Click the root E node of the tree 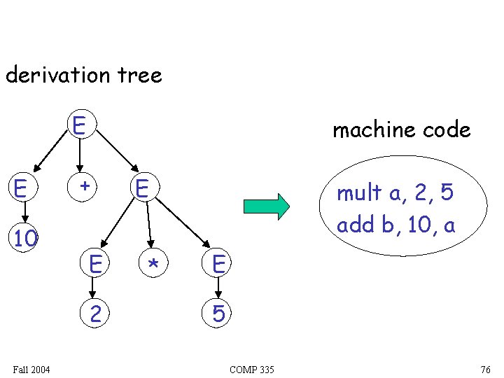(79, 127)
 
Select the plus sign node (85, 187)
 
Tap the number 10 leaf (25, 239)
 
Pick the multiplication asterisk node (153, 264)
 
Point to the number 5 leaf (218, 314)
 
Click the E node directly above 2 (96, 264)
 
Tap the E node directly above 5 (218, 264)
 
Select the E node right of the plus (143, 188)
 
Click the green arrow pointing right (267, 206)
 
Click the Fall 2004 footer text (31, 369)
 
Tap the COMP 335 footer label (251, 370)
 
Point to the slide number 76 (486, 370)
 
